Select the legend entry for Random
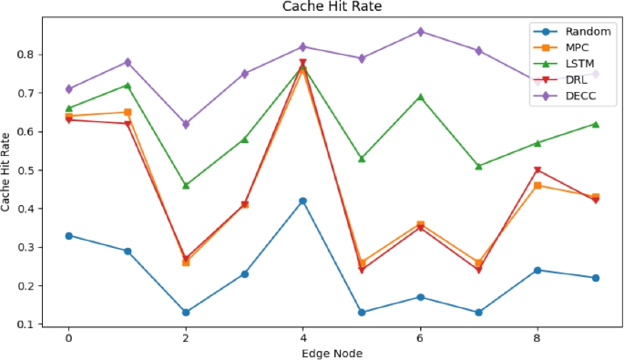click(573, 32)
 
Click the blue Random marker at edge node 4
click(302, 201)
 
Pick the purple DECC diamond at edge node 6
click(420, 31)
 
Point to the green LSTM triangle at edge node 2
click(186, 185)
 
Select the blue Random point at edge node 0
click(68, 235)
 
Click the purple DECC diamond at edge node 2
click(186, 124)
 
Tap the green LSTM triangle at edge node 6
click(420, 97)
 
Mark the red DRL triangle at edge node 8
click(537, 170)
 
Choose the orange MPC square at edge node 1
click(127, 112)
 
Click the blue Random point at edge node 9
click(596, 278)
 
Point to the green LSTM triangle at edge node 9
click(596, 124)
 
